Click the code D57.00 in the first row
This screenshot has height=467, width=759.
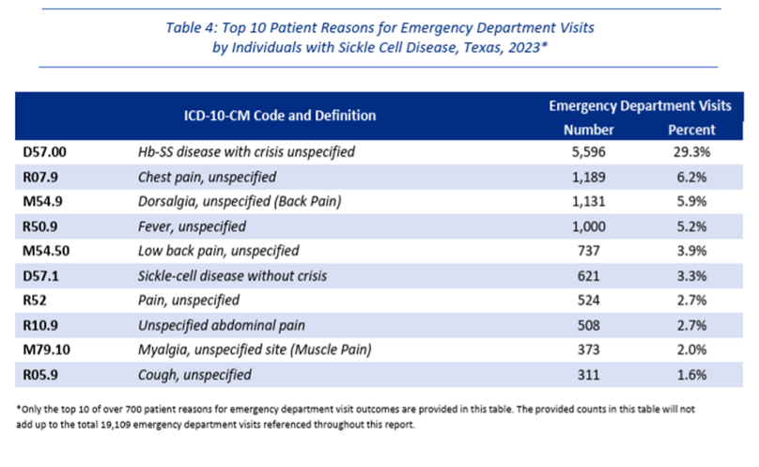click(44, 152)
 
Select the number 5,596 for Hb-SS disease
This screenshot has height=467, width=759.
click(589, 152)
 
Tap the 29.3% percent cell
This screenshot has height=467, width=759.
click(691, 152)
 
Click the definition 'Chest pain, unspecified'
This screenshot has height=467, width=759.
click(208, 178)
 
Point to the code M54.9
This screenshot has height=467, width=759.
click(42, 201)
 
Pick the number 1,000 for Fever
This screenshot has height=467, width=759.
click(589, 226)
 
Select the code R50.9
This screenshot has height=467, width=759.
click(40, 226)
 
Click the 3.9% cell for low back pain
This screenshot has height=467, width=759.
click(691, 251)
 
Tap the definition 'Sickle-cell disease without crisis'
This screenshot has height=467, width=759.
click(232, 276)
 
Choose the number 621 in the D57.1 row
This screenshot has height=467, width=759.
click(589, 276)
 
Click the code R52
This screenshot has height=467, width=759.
click(35, 301)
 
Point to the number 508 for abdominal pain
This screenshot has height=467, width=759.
click(589, 325)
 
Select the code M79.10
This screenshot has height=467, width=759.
click(46, 350)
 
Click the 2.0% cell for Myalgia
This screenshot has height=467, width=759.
click(691, 350)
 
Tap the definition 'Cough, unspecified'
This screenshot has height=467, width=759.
click(194, 375)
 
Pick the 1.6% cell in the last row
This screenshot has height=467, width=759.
click(691, 375)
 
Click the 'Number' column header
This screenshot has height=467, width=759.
click(589, 130)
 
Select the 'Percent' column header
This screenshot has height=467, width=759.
click(691, 130)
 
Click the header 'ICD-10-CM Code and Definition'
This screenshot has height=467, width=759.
click(280, 116)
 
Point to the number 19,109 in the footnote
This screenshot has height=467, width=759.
click(116, 425)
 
